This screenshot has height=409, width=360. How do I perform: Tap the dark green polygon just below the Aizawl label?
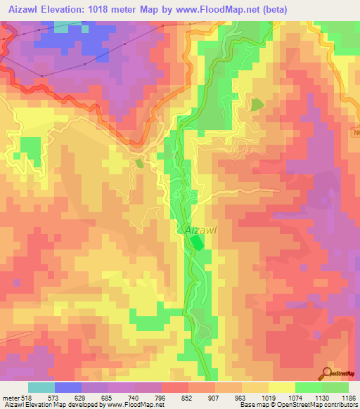pyautogui.click(x=197, y=243)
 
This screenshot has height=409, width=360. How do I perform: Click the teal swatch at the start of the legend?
pyautogui.click(x=41, y=387)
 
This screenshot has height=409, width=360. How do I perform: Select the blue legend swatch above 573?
pyautogui.click(x=68, y=387)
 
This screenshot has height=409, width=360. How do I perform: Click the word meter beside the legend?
pyautogui.click(x=11, y=397)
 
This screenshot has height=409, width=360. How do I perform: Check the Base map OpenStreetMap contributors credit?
pyautogui.click(x=299, y=405)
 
